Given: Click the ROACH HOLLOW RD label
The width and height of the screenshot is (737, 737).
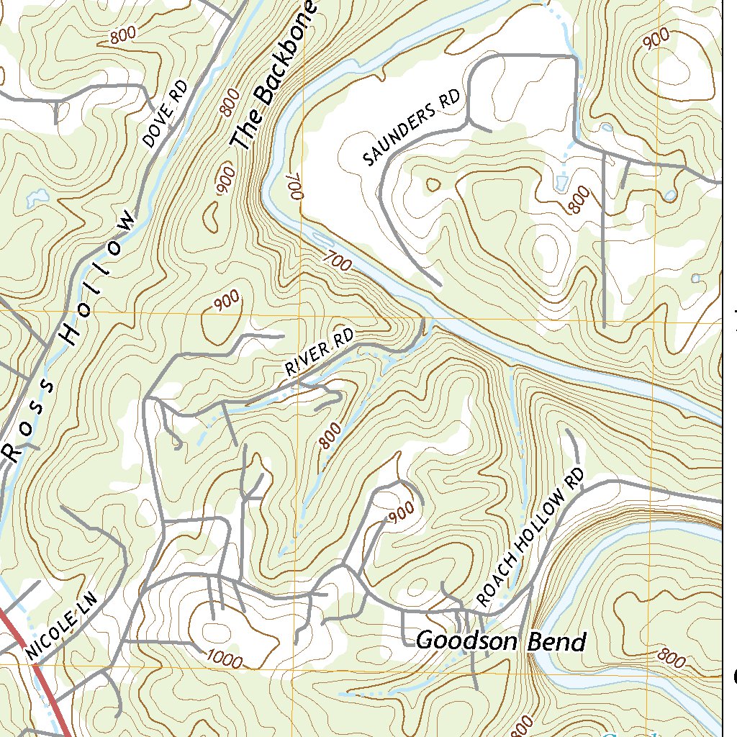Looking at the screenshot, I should (x=531, y=538).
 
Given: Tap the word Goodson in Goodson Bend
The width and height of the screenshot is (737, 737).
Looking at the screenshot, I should (x=469, y=641).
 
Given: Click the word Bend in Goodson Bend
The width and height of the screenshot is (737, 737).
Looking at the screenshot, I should (x=557, y=641).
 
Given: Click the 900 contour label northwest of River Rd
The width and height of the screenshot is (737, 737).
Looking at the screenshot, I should (x=227, y=303).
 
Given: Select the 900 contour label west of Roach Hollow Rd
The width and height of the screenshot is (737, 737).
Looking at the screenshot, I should (x=401, y=512).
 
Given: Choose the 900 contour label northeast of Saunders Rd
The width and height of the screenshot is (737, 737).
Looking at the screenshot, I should (x=656, y=40).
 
